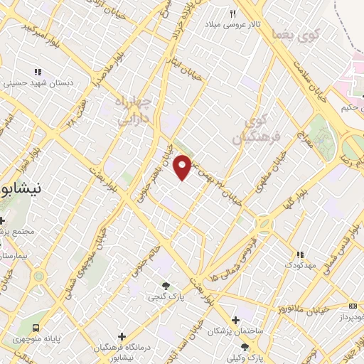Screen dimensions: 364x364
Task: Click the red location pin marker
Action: tap(183, 168)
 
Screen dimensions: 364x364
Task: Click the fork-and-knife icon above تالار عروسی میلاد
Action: tap(232, 14)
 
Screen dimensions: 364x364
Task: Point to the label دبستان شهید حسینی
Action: tap(37, 82)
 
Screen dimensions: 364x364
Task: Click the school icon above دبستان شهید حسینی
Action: tap(37, 72)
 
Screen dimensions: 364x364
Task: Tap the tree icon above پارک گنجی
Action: tap(166, 285)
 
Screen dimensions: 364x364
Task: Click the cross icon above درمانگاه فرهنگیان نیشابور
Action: tap(122, 336)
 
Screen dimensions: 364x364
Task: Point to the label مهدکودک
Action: tap(300, 265)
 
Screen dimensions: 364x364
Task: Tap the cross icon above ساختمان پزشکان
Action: tap(236, 320)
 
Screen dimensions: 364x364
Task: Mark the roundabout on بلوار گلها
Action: tap(264, 225)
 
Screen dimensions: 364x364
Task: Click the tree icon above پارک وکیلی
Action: tap(245, 347)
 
